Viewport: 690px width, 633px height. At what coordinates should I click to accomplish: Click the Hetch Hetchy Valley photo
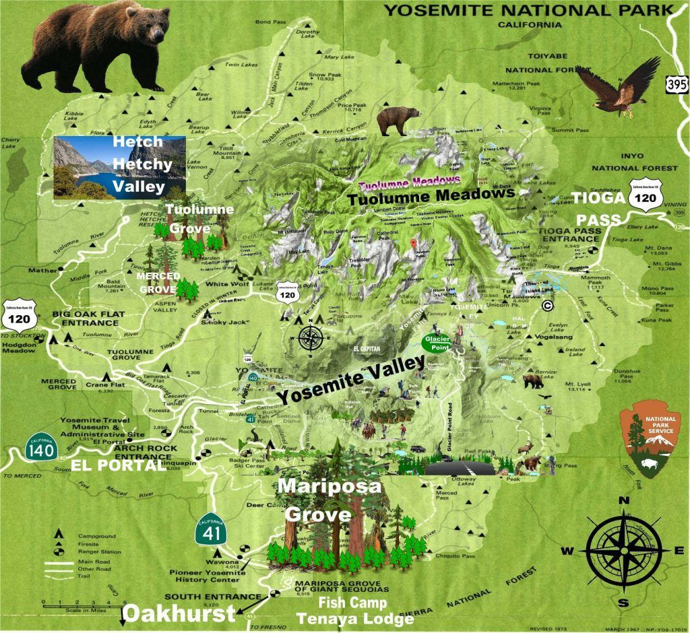(119, 166)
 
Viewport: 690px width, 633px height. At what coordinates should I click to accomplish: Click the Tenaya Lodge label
(355, 618)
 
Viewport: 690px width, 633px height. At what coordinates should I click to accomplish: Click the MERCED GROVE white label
(158, 281)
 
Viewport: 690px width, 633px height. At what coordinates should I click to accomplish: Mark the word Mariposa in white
(330, 486)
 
